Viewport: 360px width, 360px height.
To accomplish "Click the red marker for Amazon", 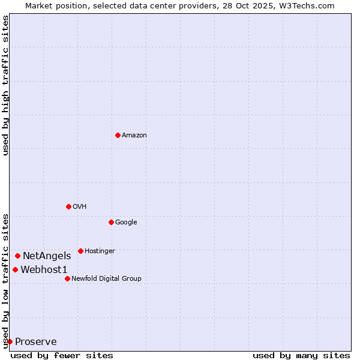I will tap(118, 135).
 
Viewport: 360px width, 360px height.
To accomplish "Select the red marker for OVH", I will tap(68, 206).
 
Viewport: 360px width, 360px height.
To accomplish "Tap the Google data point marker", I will tap(111, 222).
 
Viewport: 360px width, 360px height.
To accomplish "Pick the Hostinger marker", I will tap(80, 251).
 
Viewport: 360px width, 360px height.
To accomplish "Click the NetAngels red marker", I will tap(17, 256).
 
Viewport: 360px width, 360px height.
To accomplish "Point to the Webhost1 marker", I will tap(15, 269).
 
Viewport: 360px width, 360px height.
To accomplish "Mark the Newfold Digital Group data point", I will tap(67, 278).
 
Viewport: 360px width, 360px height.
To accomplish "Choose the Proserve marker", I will tap(10, 341).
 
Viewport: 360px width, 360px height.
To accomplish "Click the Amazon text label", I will tap(134, 136).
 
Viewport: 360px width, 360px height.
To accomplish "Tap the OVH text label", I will tap(80, 207).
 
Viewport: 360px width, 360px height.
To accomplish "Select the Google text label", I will tap(126, 223).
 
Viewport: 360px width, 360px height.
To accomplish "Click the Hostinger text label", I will tap(100, 251).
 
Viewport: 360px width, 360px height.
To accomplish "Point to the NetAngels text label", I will tap(47, 256).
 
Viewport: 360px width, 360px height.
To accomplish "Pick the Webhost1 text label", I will tap(44, 270).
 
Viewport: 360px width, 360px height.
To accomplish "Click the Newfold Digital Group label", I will tap(106, 279).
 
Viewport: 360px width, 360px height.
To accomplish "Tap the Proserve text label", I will tap(36, 342).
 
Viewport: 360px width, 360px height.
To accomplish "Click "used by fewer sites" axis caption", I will tap(62, 355).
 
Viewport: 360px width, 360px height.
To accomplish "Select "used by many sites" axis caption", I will tap(301, 355).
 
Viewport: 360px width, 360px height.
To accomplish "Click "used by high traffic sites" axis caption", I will tap(5, 85).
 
